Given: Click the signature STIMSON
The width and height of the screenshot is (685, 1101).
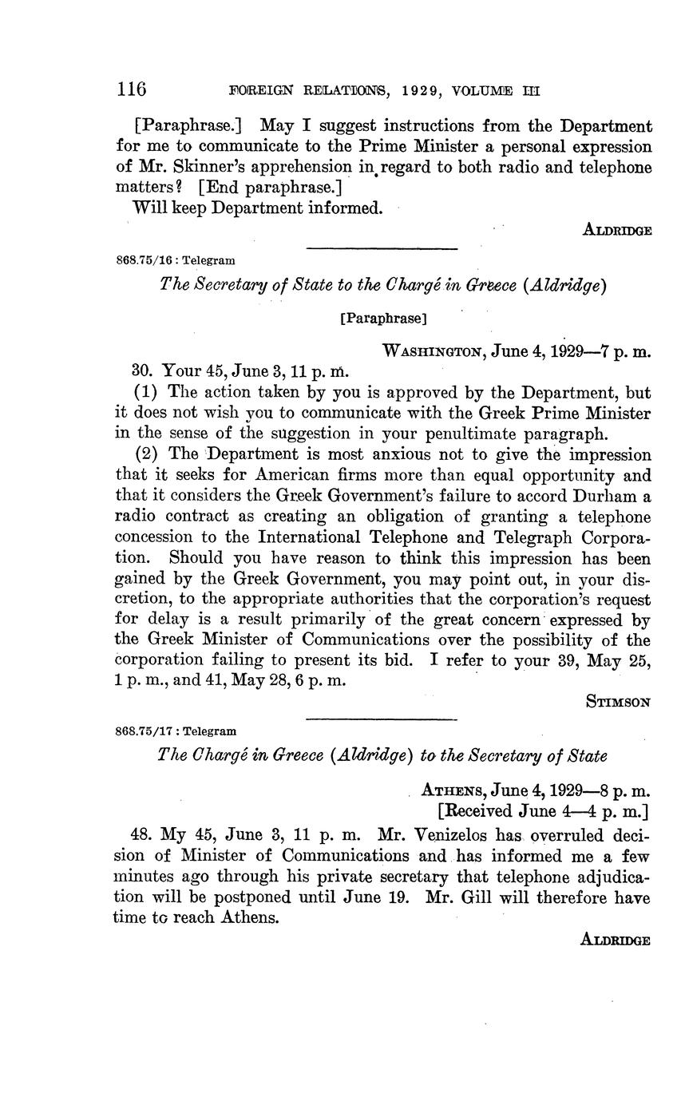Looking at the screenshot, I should tap(619, 703).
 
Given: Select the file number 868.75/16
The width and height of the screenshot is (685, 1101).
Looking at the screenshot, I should tap(148, 259).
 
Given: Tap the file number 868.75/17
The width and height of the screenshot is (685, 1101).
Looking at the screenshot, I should tap(148, 731).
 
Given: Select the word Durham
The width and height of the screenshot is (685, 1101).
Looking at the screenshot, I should tap(605, 497).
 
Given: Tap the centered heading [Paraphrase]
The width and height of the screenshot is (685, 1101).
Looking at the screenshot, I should tap(383, 319).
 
